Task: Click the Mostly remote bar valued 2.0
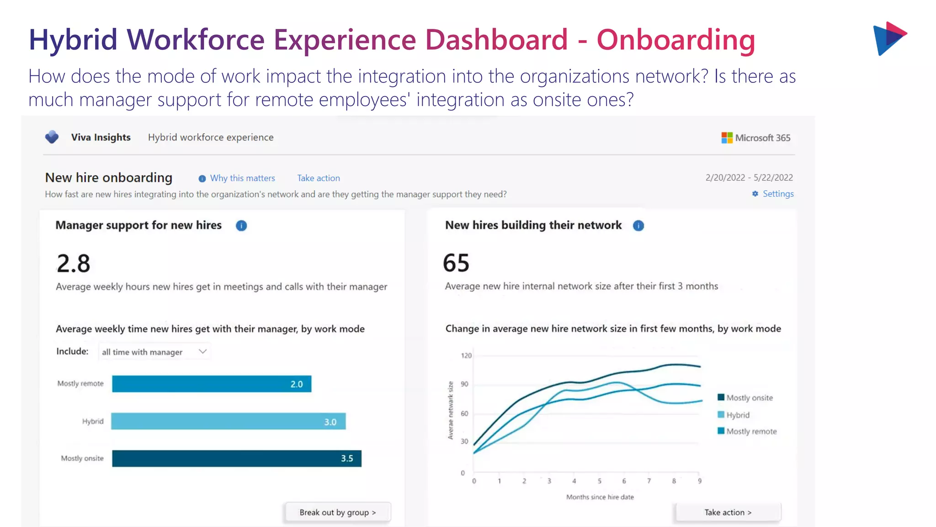click(212, 384)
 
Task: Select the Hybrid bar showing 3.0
click(228, 421)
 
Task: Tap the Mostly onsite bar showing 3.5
click(236, 458)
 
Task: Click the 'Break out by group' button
click(338, 512)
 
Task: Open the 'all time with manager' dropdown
click(154, 352)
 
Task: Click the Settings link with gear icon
click(773, 194)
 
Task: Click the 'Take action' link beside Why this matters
click(319, 178)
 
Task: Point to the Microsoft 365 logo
click(756, 138)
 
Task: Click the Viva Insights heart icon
click(52, 137)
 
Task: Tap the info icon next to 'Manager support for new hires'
click(241, 226)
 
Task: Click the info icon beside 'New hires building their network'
click(638, 226)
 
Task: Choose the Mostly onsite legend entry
click(745, 398)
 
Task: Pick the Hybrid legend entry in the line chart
click(734, 415)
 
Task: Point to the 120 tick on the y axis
click(466, 355)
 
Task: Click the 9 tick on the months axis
click(700, 481)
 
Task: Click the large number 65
click(456, 263)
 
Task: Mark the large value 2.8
click(74, 264)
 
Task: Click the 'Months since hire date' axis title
click(600, 497)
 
